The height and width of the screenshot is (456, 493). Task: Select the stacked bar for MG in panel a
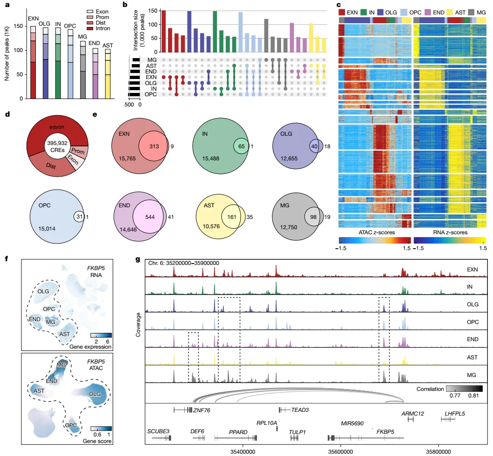click(82, 70)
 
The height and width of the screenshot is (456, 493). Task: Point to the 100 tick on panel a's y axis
click(20, 50)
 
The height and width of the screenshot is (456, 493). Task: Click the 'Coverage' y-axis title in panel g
click(137, 320)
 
